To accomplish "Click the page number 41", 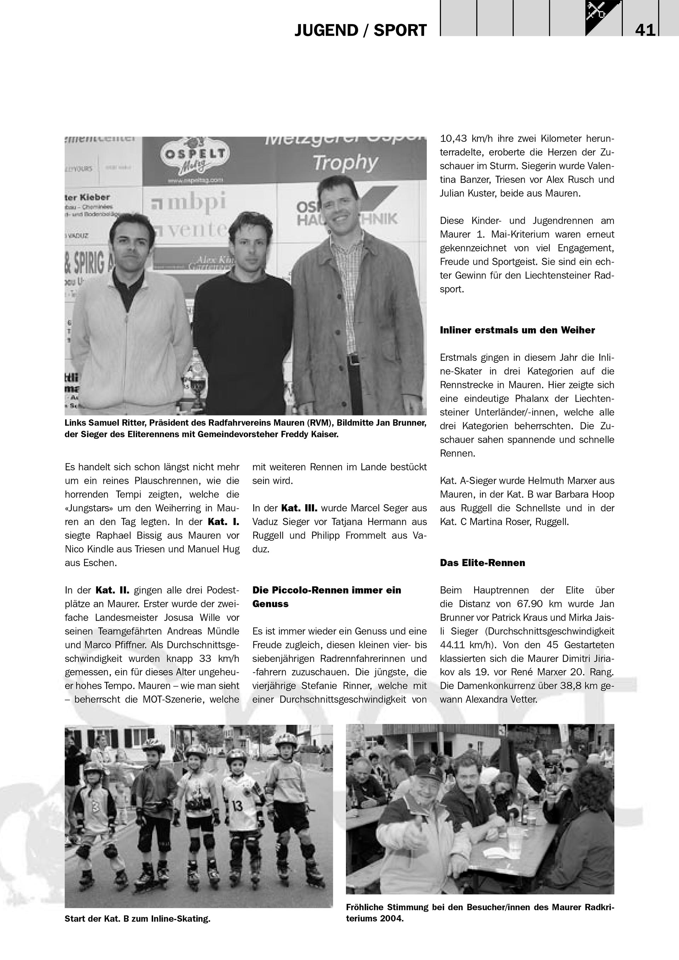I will coord(645,30).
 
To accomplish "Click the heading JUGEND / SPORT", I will coord(360,30).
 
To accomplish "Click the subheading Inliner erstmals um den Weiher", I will coord(517,330).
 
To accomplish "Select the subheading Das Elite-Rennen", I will coord(482,563).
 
